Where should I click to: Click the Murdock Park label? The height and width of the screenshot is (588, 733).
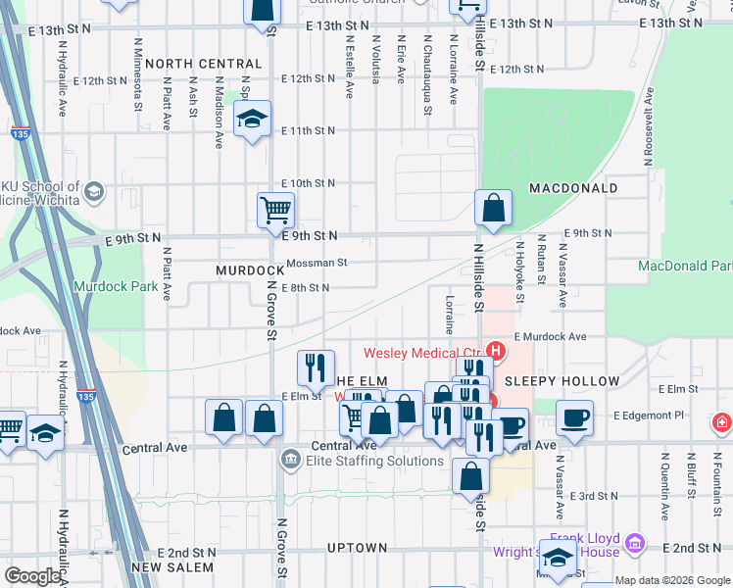(116, 287)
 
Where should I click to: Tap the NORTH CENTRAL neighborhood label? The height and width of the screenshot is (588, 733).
(203, 64)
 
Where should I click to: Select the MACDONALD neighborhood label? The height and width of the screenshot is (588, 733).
(573, 187)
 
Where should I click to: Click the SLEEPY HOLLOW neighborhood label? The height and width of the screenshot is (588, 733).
(562, 381)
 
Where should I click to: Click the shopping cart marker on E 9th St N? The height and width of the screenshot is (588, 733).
(275, 209)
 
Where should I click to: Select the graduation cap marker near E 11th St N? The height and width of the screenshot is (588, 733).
(253, 120)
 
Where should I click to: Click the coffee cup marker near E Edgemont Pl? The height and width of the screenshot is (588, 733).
(574, 416)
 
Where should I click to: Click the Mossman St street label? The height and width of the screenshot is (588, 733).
(317, 263)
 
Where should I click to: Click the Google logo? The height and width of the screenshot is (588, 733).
(32, 576)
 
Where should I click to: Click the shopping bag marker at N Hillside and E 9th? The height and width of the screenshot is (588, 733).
(493, 207)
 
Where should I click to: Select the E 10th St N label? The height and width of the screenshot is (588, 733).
(309, 183)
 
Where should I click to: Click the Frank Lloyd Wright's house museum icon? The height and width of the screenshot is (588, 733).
(634, 542)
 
